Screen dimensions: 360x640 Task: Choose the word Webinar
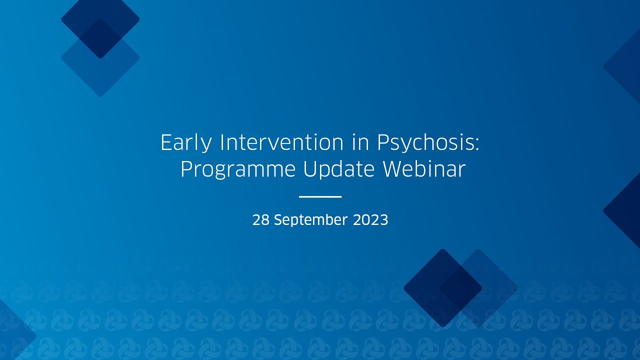424,169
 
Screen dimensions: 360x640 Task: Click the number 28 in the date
260,220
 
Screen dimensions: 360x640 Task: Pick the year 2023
370,220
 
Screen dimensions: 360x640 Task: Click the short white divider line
320,197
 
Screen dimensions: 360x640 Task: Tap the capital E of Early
166,143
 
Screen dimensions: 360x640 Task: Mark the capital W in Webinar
393,169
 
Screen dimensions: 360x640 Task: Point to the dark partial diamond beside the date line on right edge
625,210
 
